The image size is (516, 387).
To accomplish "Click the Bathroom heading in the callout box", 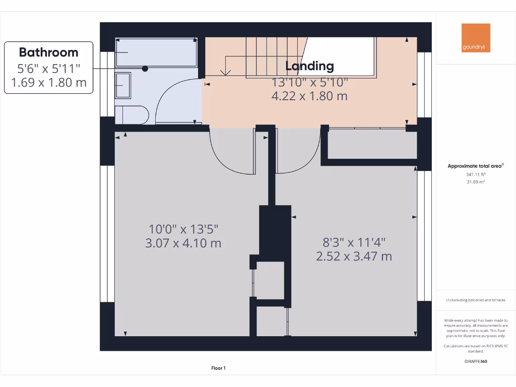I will coord(48,52).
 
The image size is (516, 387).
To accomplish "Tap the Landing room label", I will coord(309,66).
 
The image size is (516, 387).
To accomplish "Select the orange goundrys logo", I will coord(475,38).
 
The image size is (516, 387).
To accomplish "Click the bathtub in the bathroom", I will coord(156,52).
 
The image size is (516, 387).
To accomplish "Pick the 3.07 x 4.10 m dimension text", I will coord(183,243).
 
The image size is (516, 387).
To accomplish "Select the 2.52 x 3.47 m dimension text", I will coord(354,256).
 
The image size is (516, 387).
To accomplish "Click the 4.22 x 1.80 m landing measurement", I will coord(309,96).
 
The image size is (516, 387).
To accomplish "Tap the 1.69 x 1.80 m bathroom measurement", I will coord(48,83).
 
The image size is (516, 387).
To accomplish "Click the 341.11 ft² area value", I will coord(476,174).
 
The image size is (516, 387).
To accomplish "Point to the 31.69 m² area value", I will coord(476,182).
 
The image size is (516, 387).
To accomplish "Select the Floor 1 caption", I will coord(218,368).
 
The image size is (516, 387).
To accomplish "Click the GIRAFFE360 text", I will coord(476,361).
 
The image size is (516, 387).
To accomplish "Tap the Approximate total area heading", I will coord(476,166).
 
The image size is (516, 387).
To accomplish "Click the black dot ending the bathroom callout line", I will coord(145,68).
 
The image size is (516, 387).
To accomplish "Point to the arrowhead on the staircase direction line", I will coord(226,73).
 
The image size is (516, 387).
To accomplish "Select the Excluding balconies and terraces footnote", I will coord(476,300).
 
